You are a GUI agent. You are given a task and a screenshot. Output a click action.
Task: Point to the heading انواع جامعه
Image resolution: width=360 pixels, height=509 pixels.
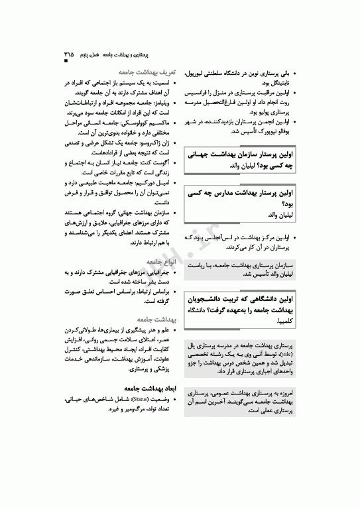(x=160, y=262)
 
